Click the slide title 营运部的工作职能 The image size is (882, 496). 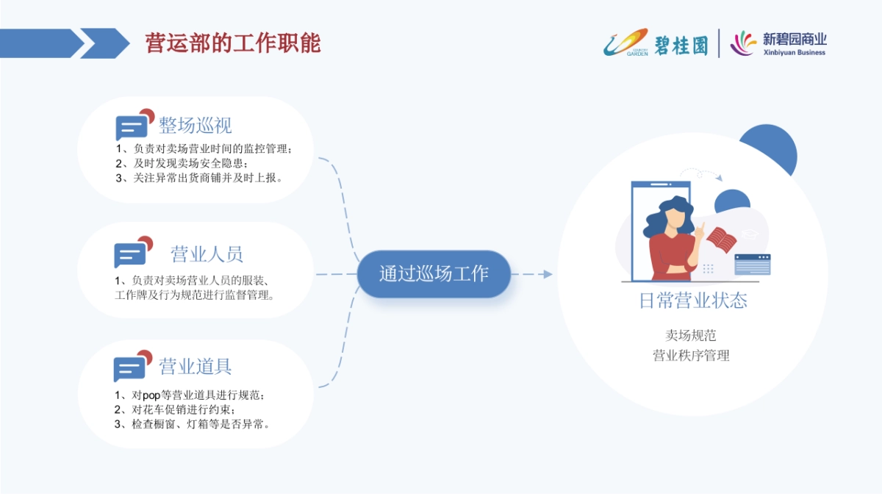(233, 43)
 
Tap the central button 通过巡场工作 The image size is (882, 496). (434, 274)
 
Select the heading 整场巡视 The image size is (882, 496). (196, 126)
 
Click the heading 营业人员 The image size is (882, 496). (207, 254)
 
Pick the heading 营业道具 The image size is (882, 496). (196, 366)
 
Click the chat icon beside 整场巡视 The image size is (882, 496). (133, 126)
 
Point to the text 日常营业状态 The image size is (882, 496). (692, 301)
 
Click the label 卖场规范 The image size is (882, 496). (691, 335)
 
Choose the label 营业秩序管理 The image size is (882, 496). (691, 356)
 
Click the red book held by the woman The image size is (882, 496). (722, 240)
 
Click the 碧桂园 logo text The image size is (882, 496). (681, 44)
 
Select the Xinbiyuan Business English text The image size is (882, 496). (794, 53)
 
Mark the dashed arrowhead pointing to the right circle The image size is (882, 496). (547, 274)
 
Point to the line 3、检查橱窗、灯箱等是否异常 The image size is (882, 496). (193, 424)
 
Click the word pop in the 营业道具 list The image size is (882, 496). (151, 395)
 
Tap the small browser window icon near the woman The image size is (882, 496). (752, 264)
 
